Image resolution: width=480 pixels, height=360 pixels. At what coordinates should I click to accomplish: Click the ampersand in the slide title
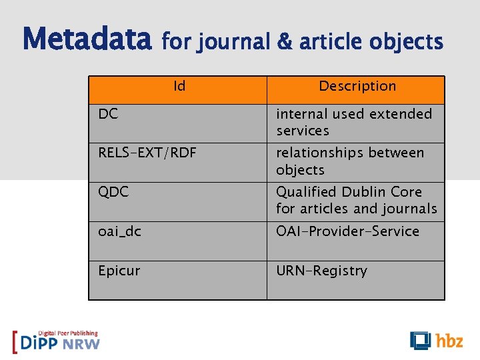point(284,42)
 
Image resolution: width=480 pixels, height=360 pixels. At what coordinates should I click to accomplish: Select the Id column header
point(179,86)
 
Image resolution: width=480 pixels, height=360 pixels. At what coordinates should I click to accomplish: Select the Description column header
point(357,86)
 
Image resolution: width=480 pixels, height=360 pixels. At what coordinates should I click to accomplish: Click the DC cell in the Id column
point(108,114)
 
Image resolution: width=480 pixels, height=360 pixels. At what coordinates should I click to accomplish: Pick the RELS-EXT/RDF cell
point(147,153)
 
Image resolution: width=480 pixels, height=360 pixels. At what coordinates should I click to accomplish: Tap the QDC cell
point(113,192)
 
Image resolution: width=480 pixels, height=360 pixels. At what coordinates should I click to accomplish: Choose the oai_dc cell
point(119,231)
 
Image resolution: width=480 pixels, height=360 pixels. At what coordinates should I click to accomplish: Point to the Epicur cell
point(119,271)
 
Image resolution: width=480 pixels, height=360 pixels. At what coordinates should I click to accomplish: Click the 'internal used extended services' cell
point(354,123)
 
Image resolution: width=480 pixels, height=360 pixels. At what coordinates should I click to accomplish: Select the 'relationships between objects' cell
point(350,161)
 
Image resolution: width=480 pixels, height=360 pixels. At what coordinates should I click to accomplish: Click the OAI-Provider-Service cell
point(347,231)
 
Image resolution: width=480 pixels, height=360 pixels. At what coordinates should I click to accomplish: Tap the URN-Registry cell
point(321,271)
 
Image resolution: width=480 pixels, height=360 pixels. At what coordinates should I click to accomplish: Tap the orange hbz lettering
point(449,341)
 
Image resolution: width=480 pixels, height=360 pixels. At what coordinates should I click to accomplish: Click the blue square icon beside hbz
point(421,340)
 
